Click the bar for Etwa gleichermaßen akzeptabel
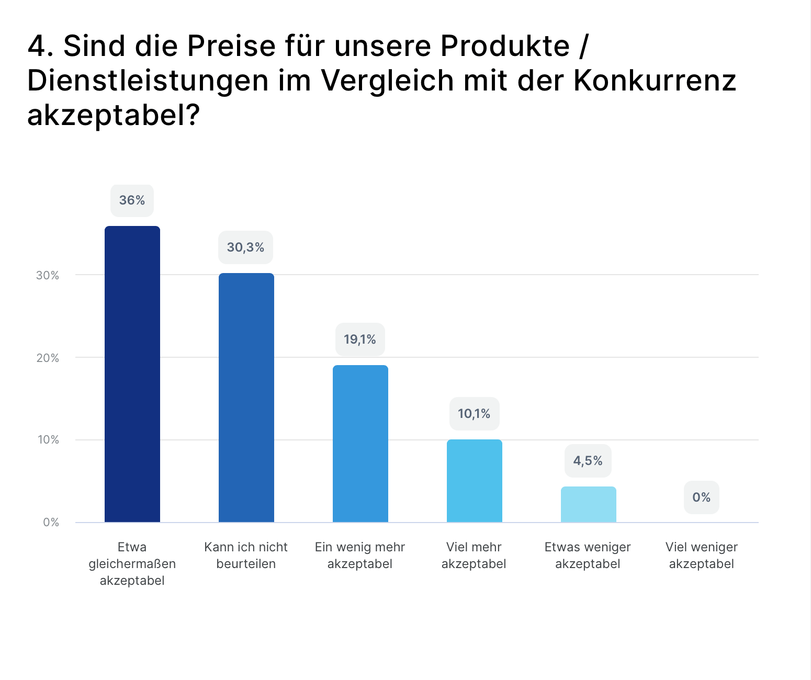tap(132, 374)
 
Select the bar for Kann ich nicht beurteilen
tap(246, 398)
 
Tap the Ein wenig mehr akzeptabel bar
tap(361, 444)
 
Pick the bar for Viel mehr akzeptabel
tap(475, 481)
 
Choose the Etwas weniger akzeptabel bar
tap(589, 504)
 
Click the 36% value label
tap(132, 200)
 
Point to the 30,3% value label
tap(245, 247)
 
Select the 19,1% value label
tap(360, 339)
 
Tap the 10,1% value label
tap(474, 414)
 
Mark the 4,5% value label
tap(588, 461)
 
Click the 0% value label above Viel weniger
tap(701, 497)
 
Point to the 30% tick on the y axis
tap(48, 276)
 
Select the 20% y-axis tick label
tap(48, 358)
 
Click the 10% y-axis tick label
tap(48, 440)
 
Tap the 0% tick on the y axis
tap(51, 523)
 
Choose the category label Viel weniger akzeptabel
tap(701, 556)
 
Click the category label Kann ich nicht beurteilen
tap(246, 556)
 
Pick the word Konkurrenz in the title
tap(655, 81)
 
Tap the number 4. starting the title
tap(41, 46)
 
